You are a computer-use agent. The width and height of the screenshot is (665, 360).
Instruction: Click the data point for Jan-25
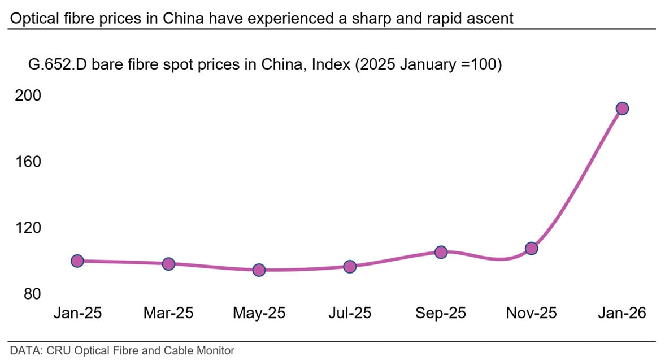pyautogui.click(x=77, y=261)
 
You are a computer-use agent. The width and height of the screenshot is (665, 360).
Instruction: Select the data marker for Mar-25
pyautogui.click(x=168, y=264)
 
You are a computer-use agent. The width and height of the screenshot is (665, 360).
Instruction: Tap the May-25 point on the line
pyautogui.click(x=259, y=270)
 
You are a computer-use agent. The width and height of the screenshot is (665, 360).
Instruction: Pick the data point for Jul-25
pyautogui.click(x=350, y=267)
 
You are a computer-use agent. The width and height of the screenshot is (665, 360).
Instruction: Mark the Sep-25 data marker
pyautogui.click(x=441, y=252)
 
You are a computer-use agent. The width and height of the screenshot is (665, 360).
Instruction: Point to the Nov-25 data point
pyautogui.click(x=531, y=248)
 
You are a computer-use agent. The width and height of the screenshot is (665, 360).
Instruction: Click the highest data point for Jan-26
pyautogui.click(x=622, y=109)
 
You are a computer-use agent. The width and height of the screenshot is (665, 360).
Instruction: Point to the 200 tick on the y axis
pyautogui.click(x=28, y=96)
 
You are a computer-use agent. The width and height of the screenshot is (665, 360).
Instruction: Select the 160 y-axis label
pyautogui.click(x=28, y=162)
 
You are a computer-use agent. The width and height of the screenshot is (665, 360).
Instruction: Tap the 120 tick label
pyautogui.click(x=28, y=228)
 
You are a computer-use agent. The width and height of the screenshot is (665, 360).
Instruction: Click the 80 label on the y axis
pyautogui.click(x=32, y=294)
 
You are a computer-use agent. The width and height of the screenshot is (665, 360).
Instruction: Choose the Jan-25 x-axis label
pyautogui.click(x=77, y=313)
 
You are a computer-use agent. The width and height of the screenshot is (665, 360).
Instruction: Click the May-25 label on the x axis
pyautogui.click(x=259, y=313)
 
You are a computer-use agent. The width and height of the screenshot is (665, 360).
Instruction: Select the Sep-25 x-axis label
pyautogui.click(x=441, y=313)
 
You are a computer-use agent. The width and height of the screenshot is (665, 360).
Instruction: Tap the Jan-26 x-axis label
pyautogui.click(x=622, y=313)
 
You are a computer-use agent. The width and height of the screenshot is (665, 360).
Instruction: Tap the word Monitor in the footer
pyautogui.click(x=214, y=351)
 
